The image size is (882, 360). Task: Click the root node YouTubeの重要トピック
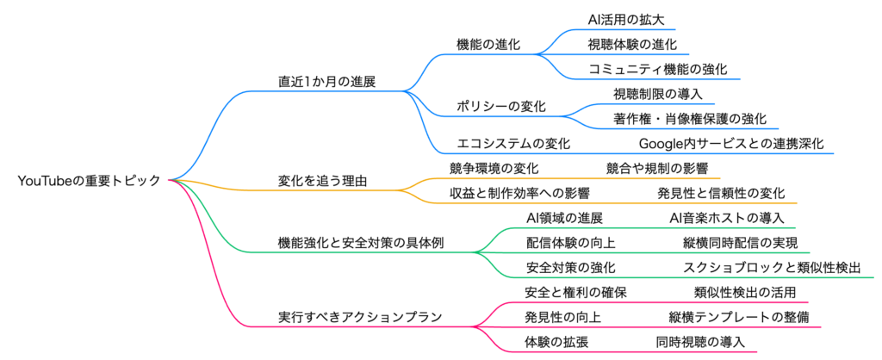pos(89,181)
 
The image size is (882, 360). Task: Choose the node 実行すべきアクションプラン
pos(361,317)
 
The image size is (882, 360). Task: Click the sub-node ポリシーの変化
pos(500,106)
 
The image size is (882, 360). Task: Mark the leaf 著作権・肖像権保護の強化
pos(689,119)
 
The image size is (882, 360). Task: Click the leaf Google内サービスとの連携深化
pos(730,144)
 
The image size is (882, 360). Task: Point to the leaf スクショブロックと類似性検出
pos(771,268)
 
